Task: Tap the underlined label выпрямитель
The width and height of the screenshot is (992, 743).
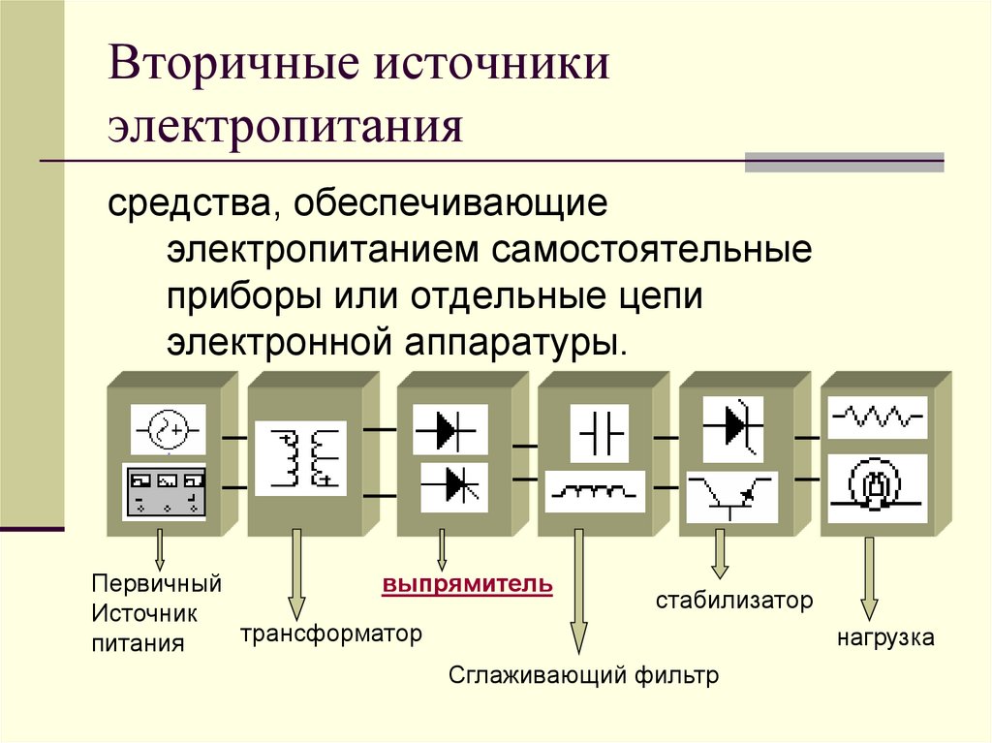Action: coord(467,586)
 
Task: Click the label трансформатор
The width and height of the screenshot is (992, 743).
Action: coord(332,635)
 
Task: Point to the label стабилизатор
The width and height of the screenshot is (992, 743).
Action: coord(733,601)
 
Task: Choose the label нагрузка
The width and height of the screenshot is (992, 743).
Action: coord(885,638)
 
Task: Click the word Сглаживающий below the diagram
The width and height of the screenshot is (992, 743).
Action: coord(537,675)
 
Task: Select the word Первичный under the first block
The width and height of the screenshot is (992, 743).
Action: coord(157,584)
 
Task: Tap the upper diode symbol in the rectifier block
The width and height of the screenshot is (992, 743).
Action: coord(449,427)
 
